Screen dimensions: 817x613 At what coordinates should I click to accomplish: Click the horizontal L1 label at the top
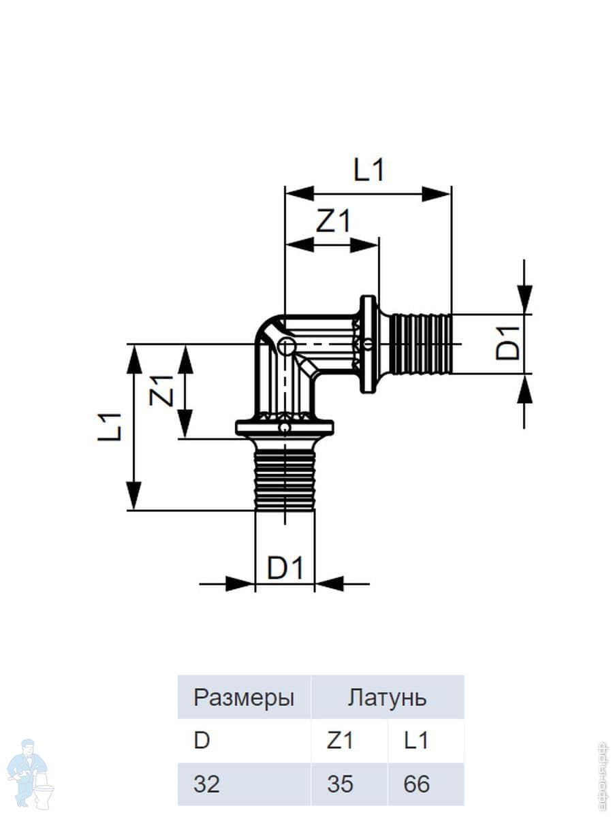coord(368,170)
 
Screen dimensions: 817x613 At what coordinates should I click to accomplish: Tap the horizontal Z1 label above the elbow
coord(334,221)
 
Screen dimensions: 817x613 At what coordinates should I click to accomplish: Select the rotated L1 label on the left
coord(109,427)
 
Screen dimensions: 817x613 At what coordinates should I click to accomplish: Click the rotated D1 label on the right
coord(509,343)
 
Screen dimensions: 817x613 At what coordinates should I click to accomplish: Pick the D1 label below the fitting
coord(285,568)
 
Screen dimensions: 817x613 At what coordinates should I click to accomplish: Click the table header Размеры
coord(244,698)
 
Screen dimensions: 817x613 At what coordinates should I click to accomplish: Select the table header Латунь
coord(387,698)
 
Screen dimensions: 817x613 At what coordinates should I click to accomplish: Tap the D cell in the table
coord(202,741)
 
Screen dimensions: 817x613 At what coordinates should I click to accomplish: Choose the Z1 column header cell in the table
coord(341,741)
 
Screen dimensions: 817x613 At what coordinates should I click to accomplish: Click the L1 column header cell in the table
coord(415,741)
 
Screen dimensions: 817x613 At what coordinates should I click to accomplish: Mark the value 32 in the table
coord(206,784)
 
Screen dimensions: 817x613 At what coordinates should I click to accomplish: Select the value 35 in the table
coord(341,784)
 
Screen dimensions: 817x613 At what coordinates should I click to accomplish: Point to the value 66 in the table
coord(416,784)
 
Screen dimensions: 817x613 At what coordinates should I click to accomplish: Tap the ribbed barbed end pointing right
coord(421,344)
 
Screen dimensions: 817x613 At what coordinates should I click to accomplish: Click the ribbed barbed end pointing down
coord(285,480)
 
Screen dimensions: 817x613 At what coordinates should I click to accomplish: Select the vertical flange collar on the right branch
coord(368,344)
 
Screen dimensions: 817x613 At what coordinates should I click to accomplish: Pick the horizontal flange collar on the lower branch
coord(285,428)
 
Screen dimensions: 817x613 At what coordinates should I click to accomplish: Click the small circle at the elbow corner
coord(287,347)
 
